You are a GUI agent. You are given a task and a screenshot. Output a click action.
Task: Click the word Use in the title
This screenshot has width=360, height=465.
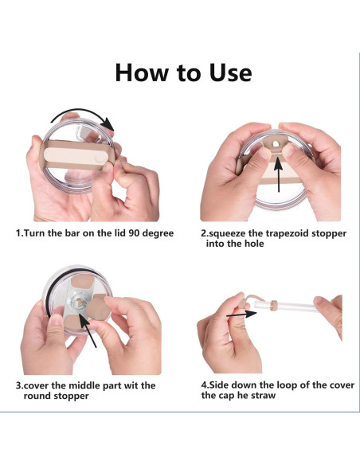click(x=231, y=72)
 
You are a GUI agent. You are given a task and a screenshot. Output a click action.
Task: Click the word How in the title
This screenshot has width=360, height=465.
click(x=141, y=72)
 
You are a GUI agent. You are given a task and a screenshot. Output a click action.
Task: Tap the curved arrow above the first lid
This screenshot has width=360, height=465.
click(x=83, y=117)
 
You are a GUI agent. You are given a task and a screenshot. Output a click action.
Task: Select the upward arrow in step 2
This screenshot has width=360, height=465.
click(x=278, y=175)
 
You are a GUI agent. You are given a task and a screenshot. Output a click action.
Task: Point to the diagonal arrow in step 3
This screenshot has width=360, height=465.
click(x=88, y=331)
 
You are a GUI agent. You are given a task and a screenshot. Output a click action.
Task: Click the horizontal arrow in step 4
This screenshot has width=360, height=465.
click(x=241, y=315)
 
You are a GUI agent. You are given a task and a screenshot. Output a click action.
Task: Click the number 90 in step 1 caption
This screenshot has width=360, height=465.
click(x=134, y=232)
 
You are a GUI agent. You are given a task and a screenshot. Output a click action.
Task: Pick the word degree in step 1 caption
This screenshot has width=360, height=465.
click(x=158, y=233)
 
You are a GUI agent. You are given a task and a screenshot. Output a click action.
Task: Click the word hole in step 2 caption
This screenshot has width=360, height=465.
click(x=254, y=244)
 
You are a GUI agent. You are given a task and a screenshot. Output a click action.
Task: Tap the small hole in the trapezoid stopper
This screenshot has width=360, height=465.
click(x=276, y=144)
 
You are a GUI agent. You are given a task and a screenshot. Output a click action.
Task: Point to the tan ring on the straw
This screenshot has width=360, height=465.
click(x=274, y=304)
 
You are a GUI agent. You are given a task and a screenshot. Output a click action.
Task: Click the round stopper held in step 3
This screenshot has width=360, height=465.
click(x=96, y=307)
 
